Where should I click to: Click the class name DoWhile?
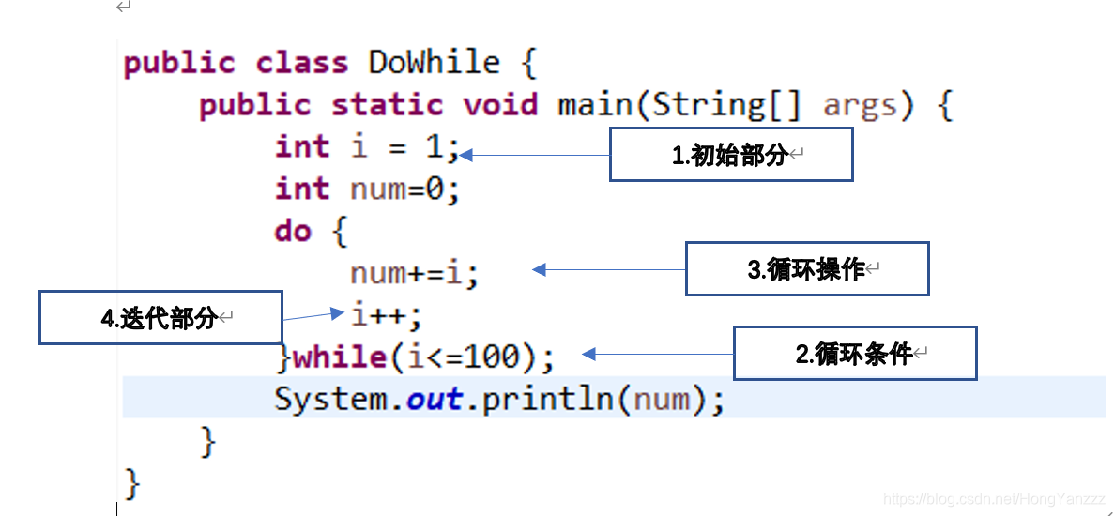[x=434, y=63]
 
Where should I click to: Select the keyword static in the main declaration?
[x=388, y=104]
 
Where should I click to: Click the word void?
[x=500, y=104]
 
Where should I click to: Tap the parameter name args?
[x=859, y=106]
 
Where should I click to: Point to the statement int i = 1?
[x=367, y=147]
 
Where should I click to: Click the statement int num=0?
[x=367, y=190]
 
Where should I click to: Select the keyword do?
[x=292, y=231]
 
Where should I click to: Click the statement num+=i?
[x=414, y=274]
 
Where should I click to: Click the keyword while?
[x=340, y=357]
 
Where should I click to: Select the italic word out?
[x=434, y=400]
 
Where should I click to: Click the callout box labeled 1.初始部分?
[x=731, y=155]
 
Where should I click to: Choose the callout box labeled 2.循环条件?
[x=855, y=354]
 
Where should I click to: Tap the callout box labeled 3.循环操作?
[x=807, y=269]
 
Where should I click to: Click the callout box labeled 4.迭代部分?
[x=160, y=318]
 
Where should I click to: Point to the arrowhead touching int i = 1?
[x=465, y=155]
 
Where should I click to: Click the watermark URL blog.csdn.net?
[x=995, y=500]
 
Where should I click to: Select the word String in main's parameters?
[x=709, y=104]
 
